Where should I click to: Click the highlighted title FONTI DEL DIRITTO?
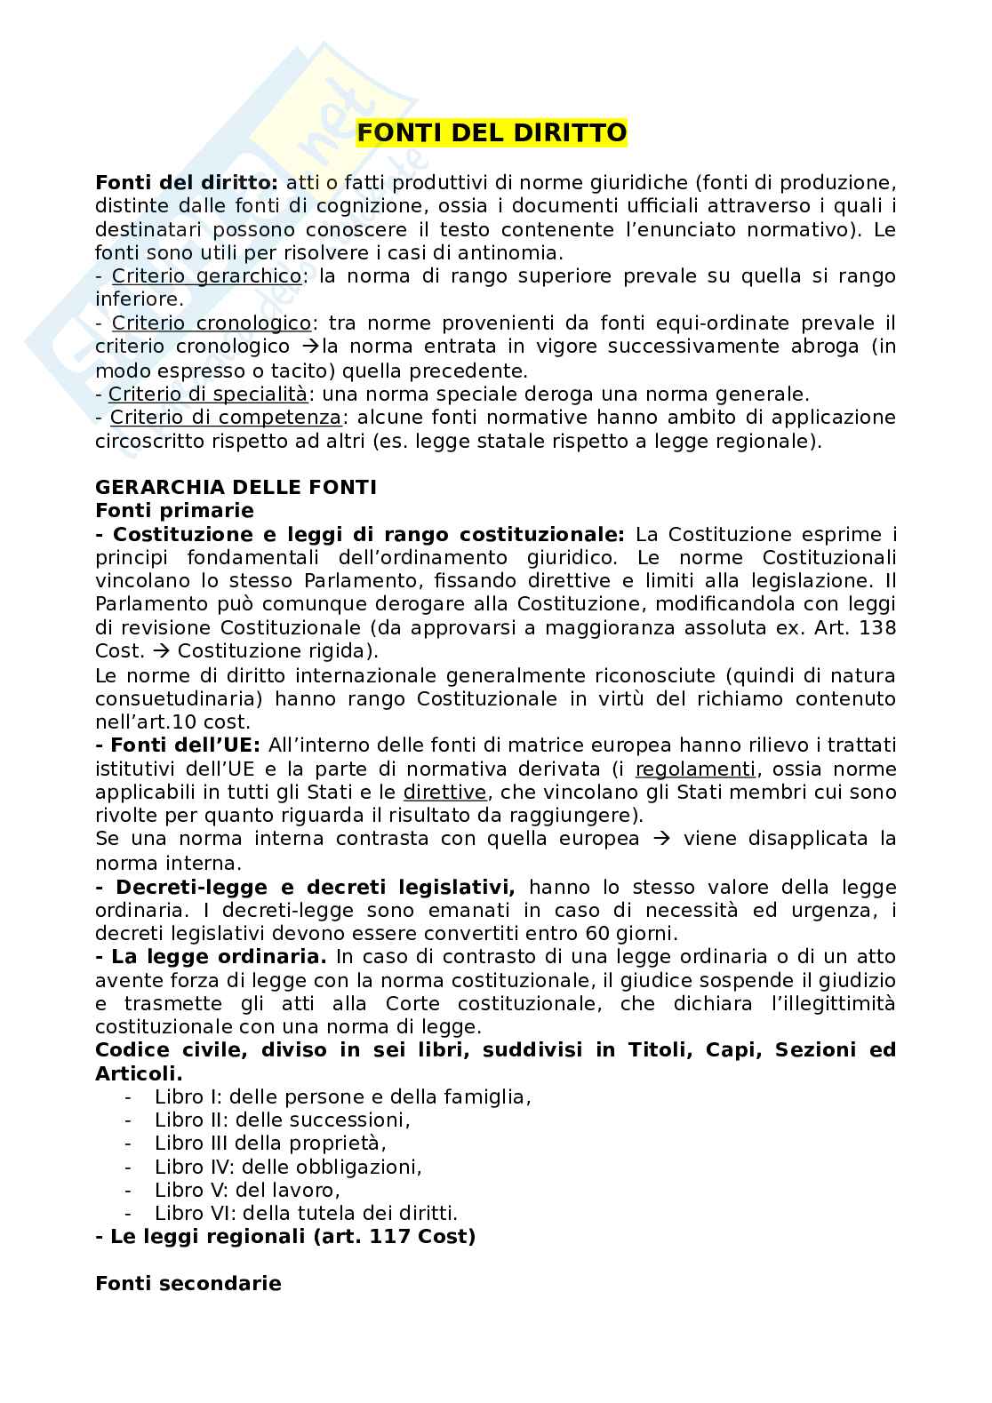click(492, 132)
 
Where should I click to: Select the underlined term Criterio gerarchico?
click(207, 275)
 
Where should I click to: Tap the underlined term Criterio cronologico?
click(212, 323)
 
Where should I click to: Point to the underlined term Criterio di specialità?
click(208, 394)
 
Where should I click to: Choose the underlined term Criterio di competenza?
click(226, 417)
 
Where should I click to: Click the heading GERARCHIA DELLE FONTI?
click(236, 487)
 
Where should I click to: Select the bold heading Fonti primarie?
click(174, 510)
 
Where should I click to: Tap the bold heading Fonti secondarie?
click(188, 1283)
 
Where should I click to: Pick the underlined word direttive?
click(445, 792)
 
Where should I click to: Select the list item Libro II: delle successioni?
click(282, 1120)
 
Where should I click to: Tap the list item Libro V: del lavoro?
click(247, 1189)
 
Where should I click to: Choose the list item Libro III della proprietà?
click(270, 1143)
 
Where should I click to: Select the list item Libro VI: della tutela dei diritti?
click(306, 1212)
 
